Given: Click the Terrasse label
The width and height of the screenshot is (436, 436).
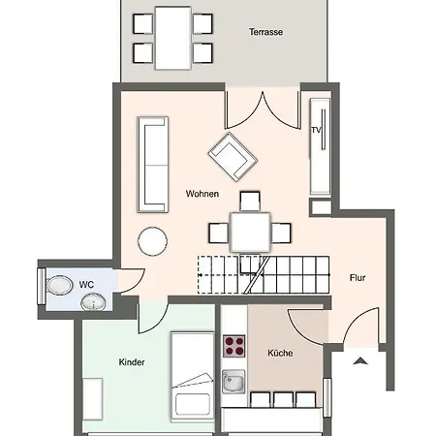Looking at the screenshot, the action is click(x=265, y=32).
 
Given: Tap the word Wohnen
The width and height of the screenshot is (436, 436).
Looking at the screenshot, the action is click(x=202, y=194).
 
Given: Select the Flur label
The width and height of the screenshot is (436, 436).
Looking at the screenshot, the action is click(x=358, y=278).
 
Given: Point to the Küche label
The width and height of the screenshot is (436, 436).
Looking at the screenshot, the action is click(x=280, y=353).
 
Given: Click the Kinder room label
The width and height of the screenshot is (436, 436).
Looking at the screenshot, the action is click(x=132, y=362).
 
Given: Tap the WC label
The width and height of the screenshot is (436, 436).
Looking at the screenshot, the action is click(x=86, y=285).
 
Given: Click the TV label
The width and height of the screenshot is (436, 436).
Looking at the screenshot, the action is click(x=316, y=130).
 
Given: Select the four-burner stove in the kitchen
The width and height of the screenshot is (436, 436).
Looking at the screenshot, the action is click(x=234, y=346).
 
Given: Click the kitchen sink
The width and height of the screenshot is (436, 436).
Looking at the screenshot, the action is click(x=234, y=382).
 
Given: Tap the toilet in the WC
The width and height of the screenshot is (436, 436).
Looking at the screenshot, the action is click(x=60, y=286).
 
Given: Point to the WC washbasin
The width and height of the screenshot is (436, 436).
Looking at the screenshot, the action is click(x=93, y=302).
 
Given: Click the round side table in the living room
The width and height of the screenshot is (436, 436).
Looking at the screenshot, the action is click(x=152, y=241).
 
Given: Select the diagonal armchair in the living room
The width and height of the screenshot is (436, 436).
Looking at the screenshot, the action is click(x=233, y=157).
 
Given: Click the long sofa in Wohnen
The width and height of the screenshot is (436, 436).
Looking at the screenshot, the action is click(x=153, y=165).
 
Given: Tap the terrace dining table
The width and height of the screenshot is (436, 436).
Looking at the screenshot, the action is click(x=172, y=38).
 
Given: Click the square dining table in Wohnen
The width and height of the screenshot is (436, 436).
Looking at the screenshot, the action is click(x=250, y=232).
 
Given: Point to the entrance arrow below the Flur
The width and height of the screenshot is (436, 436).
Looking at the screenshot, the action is click(x=360, y=360).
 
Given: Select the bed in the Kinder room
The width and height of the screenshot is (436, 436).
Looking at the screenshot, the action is click(x=193, y=377).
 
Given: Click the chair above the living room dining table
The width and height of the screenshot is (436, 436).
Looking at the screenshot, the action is click(x=250, y=202).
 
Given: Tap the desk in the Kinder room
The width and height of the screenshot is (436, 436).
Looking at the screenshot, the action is click(x=93, y=399).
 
